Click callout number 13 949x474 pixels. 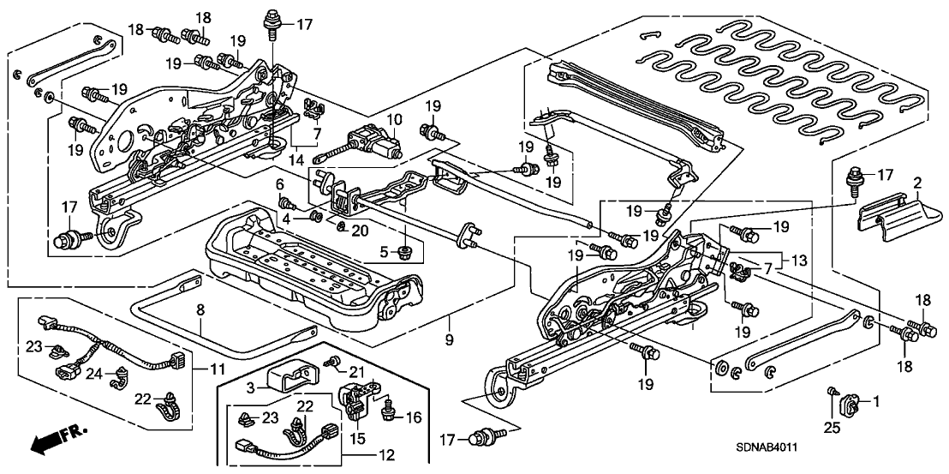click(797, 260)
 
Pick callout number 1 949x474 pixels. click(874, 400)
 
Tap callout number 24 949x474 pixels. click(94, 374)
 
